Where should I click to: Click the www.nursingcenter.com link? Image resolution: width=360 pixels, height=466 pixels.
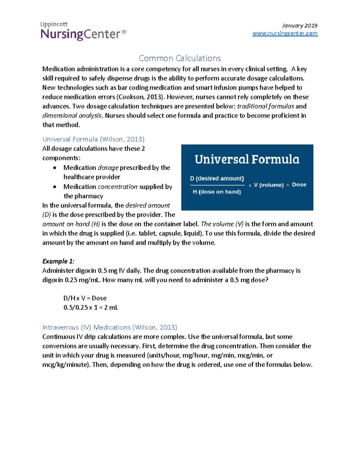(x=285, y=33)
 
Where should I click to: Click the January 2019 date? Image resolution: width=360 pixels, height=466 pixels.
(x=299, y=26)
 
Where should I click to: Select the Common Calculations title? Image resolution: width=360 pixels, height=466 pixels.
(x=180, y=58)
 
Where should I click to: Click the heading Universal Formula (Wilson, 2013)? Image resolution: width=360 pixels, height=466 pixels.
(x=93, y=139)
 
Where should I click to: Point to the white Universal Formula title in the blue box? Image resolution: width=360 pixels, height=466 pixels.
(x=247, y=159)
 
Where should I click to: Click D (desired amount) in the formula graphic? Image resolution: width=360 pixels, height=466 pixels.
(x=217, y=179)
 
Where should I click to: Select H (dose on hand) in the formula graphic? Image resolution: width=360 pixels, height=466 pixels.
(x=217, y=192)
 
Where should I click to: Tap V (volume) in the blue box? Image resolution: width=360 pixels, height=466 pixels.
(x=268, y=185)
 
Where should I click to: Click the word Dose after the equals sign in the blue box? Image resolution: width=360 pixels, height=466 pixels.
(x=299, y=185)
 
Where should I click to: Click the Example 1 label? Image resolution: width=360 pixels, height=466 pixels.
(x=58, y=261)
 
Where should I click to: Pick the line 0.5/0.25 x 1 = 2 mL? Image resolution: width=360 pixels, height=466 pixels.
(x=91, y=308)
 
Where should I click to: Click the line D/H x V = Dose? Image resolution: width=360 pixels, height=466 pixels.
(x=85, y=298)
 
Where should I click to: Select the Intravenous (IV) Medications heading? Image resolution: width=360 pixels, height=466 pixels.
(x=110, y=327)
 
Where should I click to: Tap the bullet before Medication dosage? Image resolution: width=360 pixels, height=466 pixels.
(x=55, y=168)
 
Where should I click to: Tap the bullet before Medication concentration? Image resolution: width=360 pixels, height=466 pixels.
(x=55, y=187)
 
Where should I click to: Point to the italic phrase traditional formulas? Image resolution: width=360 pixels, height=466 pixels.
(x=265, y=106)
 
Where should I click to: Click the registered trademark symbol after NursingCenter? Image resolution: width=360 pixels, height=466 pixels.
(x=124, y=32)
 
